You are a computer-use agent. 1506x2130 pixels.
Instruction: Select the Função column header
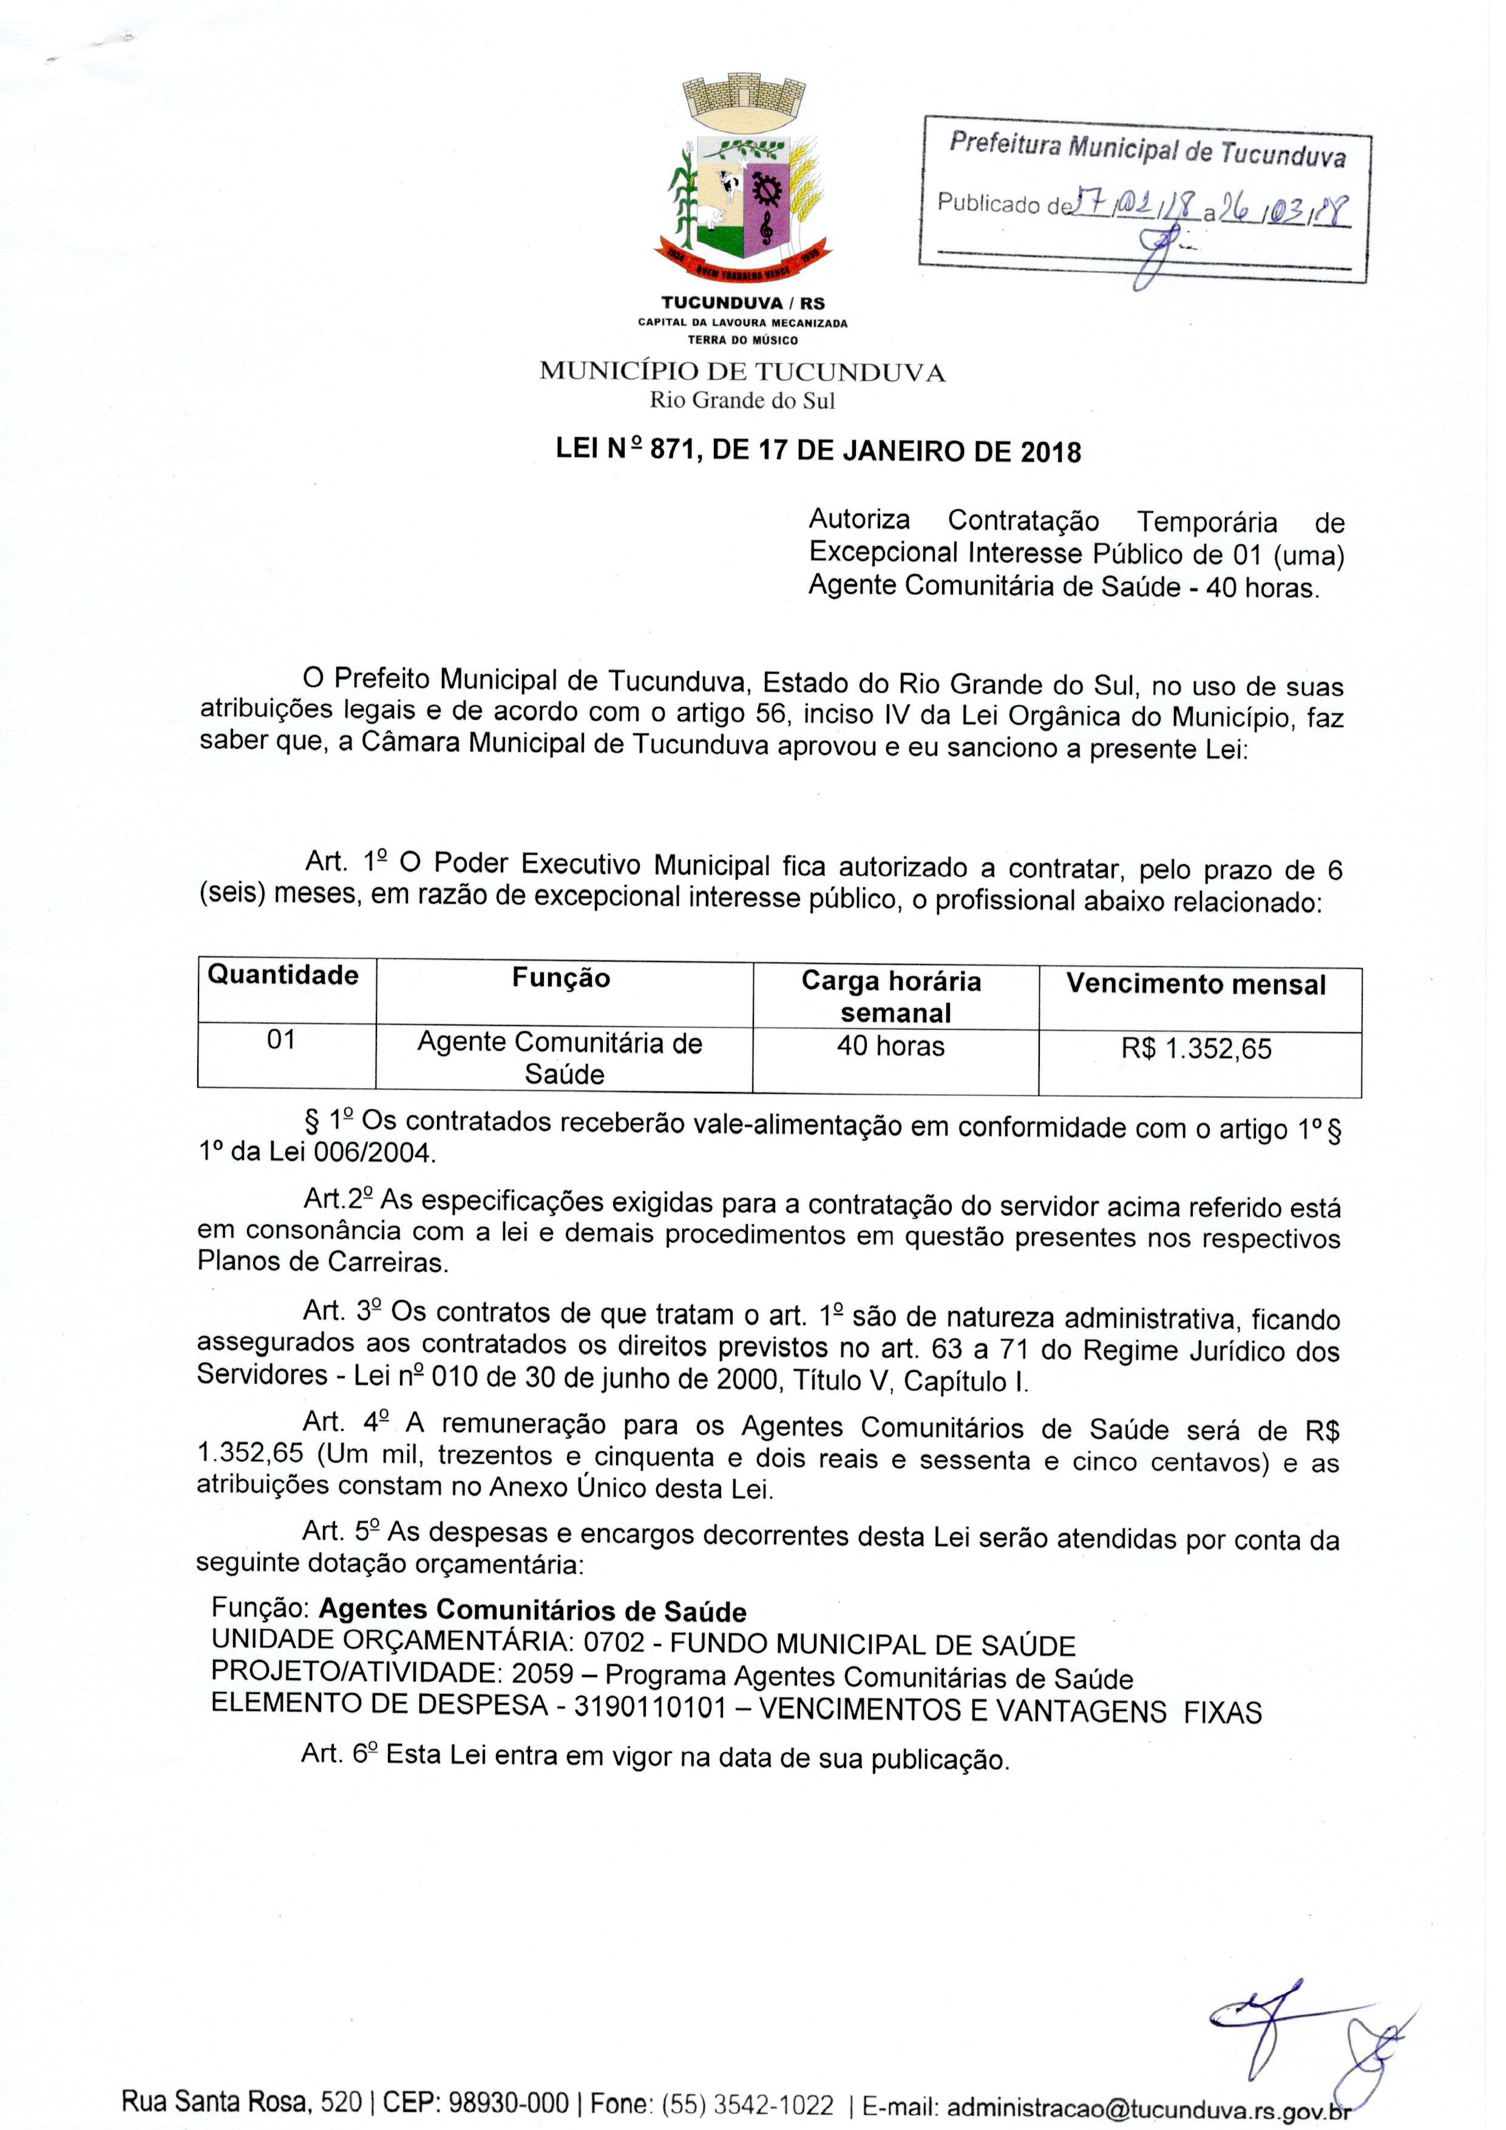click(x=561, y=978)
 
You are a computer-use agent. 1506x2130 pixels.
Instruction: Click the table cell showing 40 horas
click(x=890, y=1046)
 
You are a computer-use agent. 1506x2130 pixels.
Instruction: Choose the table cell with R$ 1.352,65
click(x=1196, y=1050)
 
